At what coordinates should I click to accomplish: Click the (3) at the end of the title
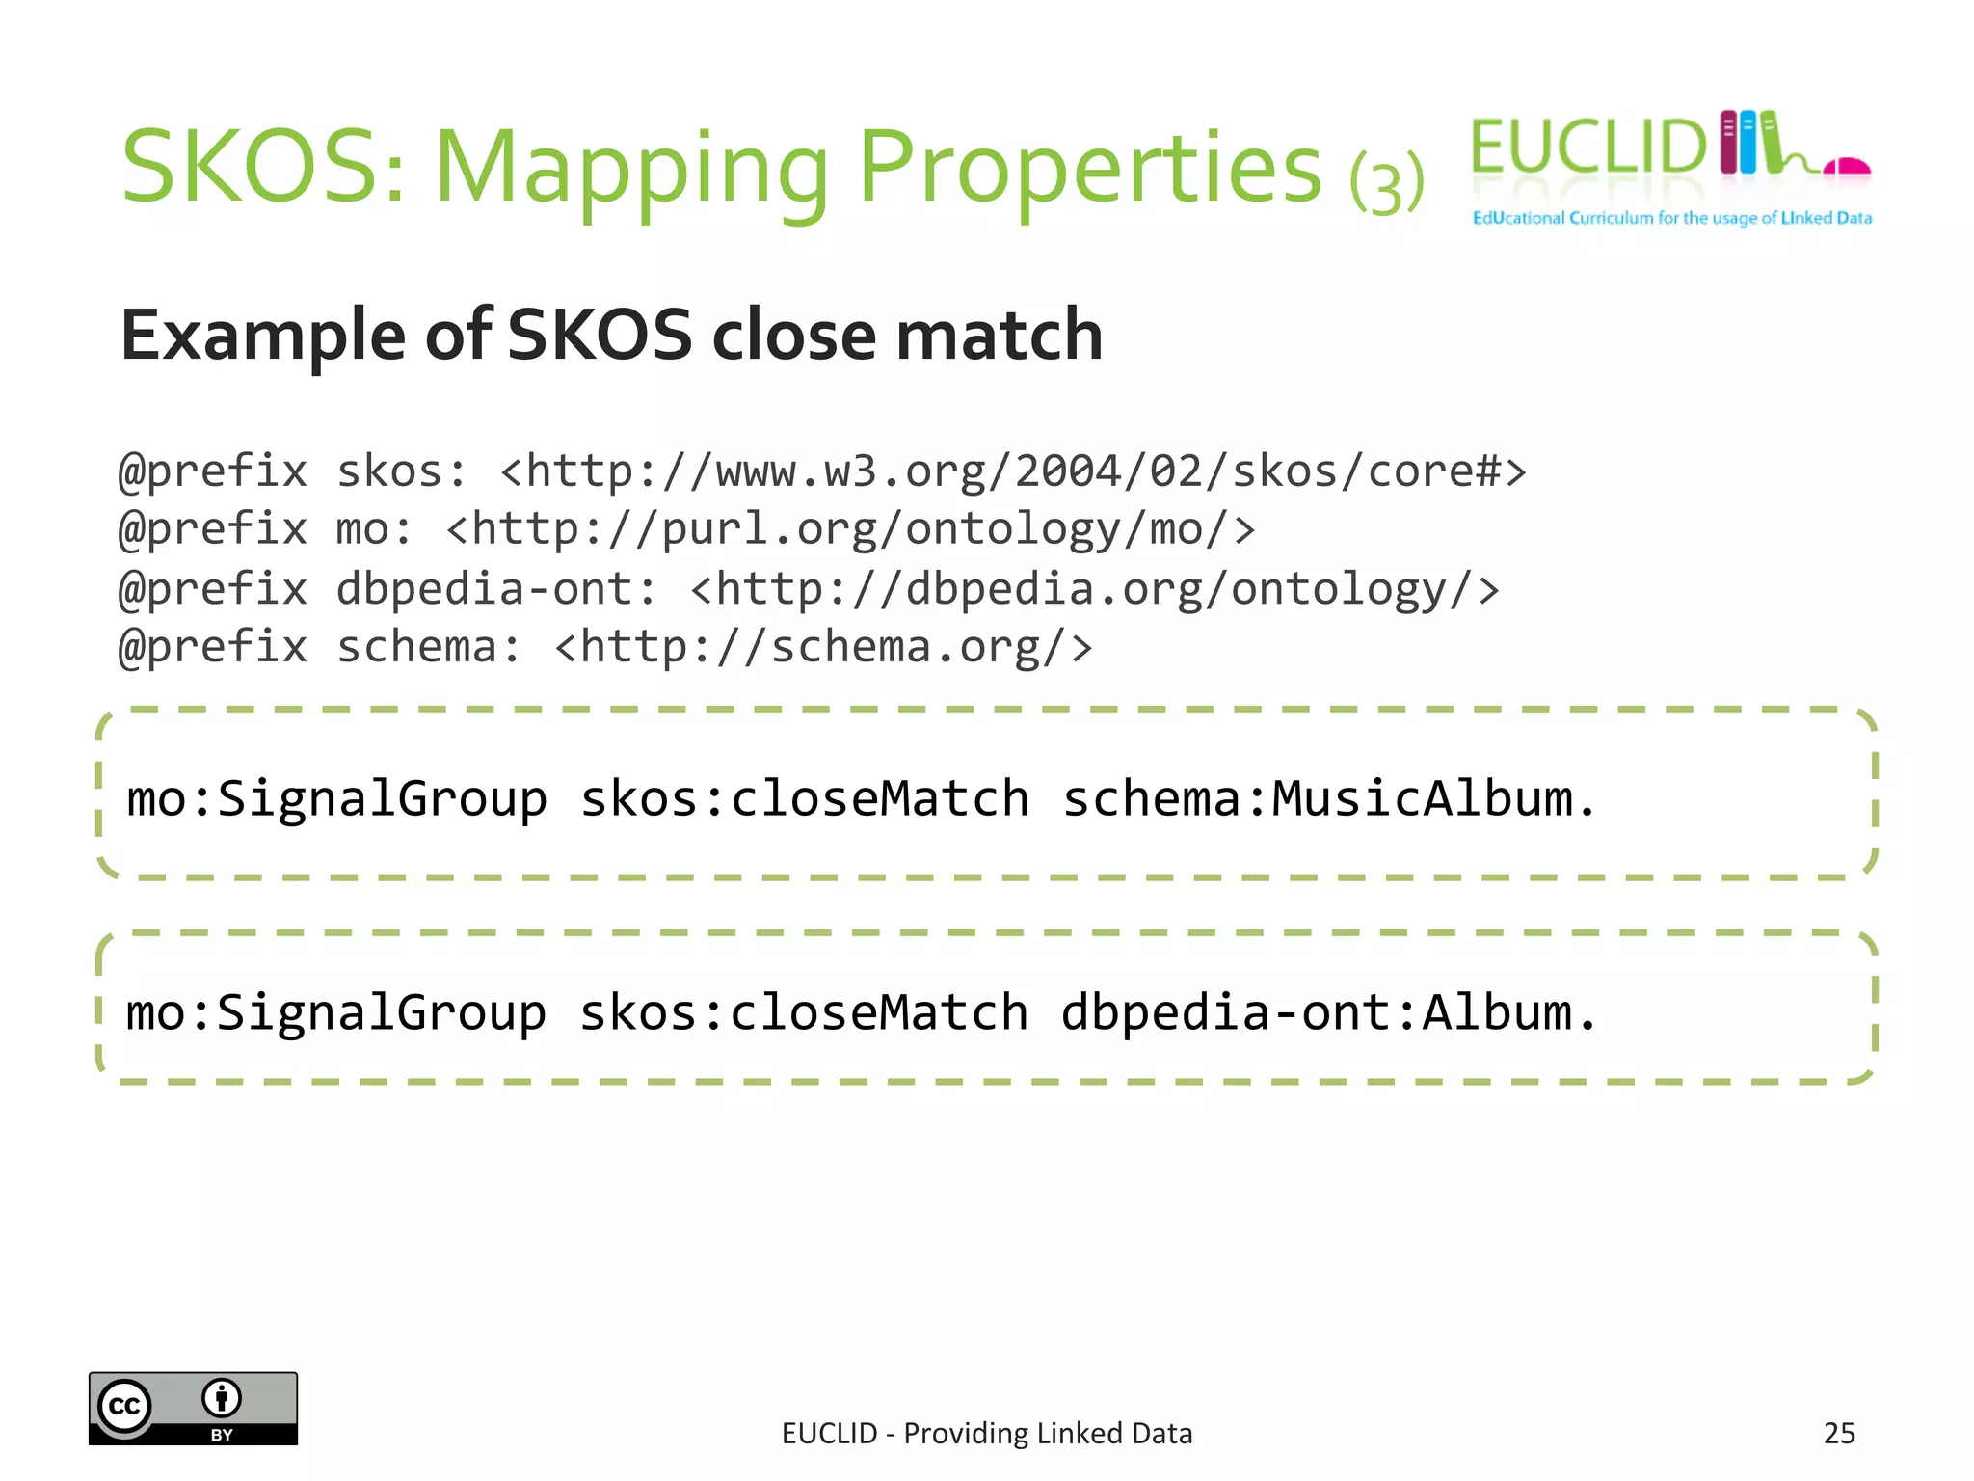(1386, 183)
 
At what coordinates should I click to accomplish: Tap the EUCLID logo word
(1587, 148)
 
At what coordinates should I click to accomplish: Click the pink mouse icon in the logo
(1848, 168)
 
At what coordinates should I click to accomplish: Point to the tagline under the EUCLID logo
(1671, 218)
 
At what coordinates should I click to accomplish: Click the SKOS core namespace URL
(1013, 471)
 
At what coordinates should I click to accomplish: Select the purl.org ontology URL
(850, 529)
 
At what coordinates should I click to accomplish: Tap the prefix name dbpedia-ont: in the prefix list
(496, 588)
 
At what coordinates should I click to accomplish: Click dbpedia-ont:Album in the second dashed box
(1328, 1013)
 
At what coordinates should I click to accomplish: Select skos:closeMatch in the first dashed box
(805, 799)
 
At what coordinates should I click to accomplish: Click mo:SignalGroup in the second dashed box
(336, 1013)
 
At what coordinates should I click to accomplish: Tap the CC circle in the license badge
(124, 1407)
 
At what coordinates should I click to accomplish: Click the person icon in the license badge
(222, 1397)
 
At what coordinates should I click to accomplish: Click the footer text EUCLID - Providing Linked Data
(987, 1434)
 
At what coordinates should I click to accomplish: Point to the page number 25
(1839, 1434)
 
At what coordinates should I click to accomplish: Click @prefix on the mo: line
(213, 529)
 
